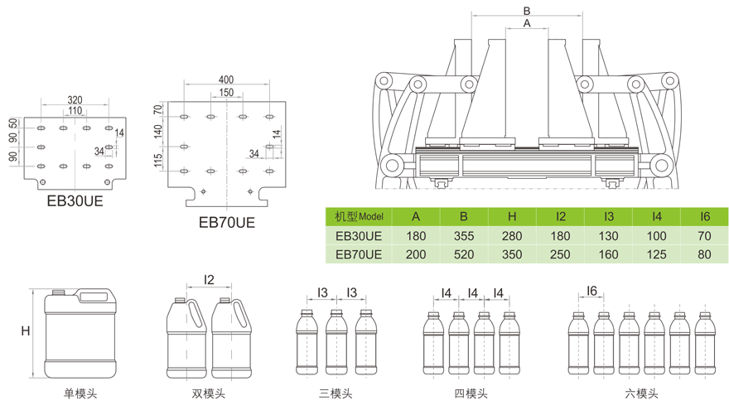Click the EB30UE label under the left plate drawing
pos(75,200)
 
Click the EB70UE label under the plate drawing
pos(226,221)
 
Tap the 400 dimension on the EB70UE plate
pos(225,80)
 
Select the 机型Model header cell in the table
pos(359,216)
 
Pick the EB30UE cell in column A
pos(416,236)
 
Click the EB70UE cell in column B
pos(464,254)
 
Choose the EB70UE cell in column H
pos(512,254)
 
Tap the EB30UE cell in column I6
pos(705,236)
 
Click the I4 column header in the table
pos(657,216)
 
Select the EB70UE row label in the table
pos(359,254)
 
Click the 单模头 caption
pos(80,393)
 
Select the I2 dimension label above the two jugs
pos(209,280)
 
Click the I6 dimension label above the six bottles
pos(592,290)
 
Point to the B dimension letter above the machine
pos(527,10)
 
